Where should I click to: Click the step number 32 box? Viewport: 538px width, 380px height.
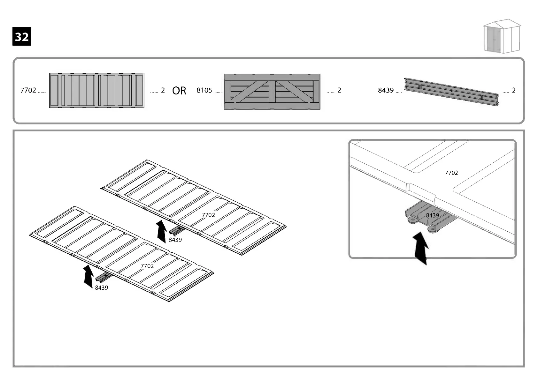(x=22, y=36)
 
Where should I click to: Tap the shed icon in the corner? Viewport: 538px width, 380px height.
(x=502, y=38)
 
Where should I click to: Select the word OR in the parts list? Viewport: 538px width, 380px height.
(x=179, y=91)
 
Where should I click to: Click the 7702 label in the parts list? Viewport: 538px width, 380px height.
(x=28, y=90)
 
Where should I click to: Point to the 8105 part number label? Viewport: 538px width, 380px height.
(x=204, y=90)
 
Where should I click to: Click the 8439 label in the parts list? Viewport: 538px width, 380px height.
(x=386, y=90)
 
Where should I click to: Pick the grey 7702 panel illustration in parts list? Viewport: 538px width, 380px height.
(x=96, y=91)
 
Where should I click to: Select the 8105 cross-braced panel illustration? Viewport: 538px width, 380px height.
(x=272, y=92)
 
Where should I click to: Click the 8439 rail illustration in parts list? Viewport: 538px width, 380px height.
(x=451, y=91)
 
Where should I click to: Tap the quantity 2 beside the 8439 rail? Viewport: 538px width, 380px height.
(x=513, y=90)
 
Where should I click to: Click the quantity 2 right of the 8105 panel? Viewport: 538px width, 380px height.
(x=339, y=90)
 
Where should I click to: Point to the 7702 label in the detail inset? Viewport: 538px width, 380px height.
(x=451, y=173)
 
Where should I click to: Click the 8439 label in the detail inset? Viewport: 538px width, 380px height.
(x=432, y=215)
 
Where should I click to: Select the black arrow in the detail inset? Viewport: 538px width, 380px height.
(x=421, y=248)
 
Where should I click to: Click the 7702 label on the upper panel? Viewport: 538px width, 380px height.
(x=208, y=215)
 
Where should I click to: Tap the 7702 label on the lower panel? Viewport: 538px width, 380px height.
(x=147, y=266)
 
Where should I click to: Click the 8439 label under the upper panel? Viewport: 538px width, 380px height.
(x=175, y=240)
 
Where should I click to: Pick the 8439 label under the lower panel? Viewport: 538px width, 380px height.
(x=101, y=287)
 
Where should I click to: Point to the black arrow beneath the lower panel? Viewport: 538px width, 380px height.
(x=88, y=276)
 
